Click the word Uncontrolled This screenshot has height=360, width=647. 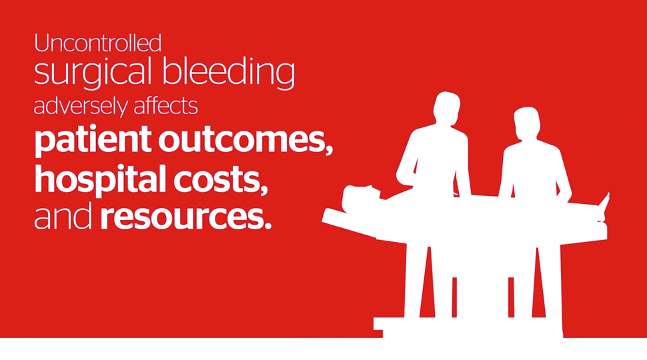click(x=97, y=43)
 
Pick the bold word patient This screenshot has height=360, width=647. click(x=93, y=140)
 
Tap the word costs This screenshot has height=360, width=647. click(x=217, y=180)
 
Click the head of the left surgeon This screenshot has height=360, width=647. click(x=446, y=108)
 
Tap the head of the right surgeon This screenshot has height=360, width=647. click(x=527, y=123)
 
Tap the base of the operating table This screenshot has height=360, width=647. click(x=468, y=327)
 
